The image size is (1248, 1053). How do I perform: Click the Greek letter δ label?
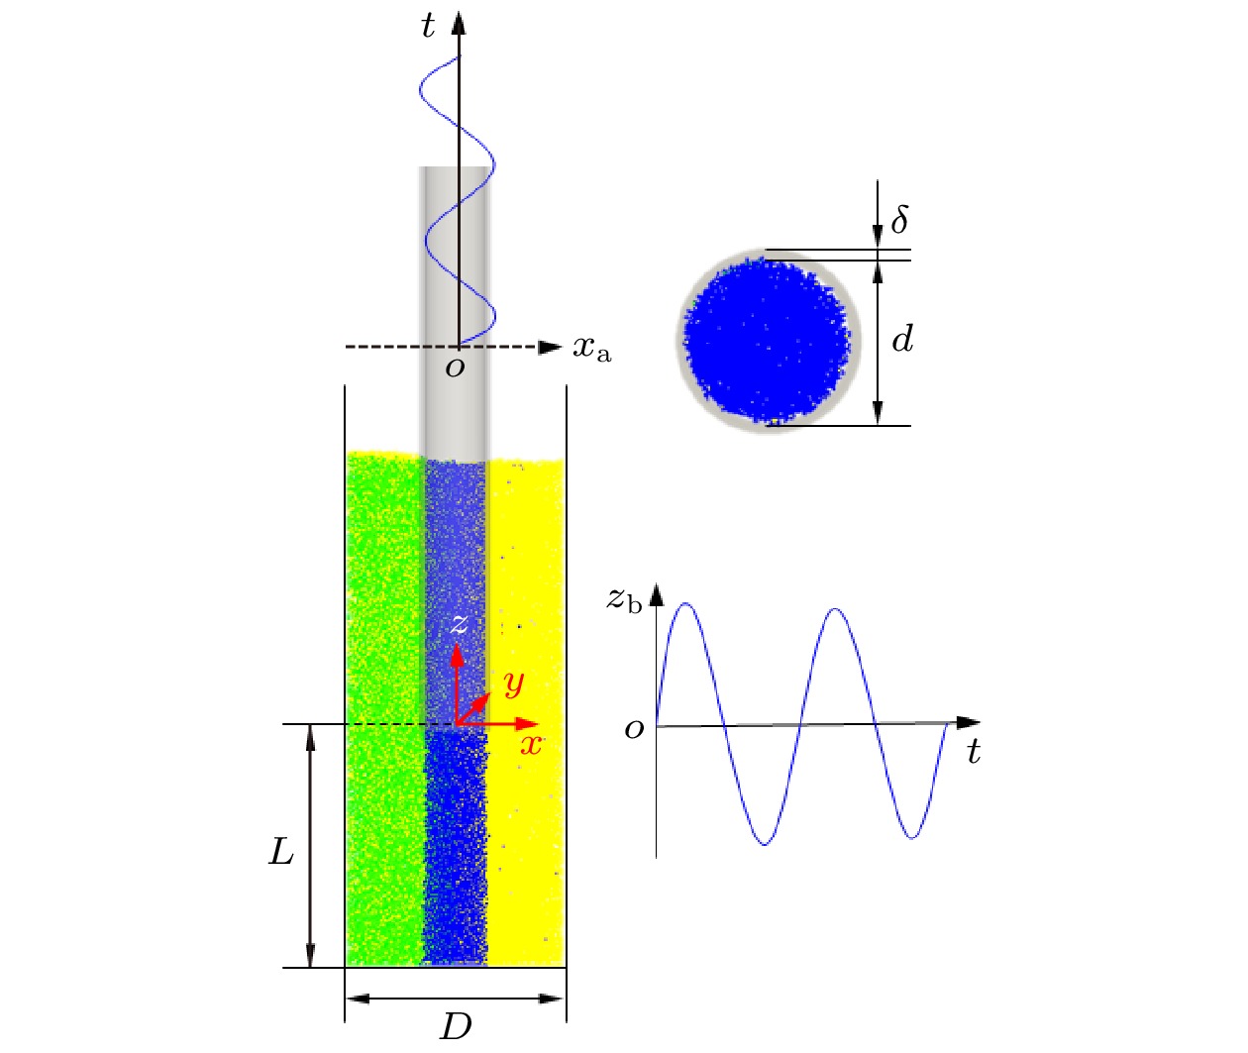(x=899, y=219)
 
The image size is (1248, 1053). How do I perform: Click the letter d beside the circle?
(x=902, y=339)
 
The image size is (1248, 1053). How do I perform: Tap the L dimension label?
(x=281, y=851)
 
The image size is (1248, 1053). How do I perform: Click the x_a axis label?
(x=592, y=349)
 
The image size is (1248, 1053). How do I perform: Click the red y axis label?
(x=514, y=683)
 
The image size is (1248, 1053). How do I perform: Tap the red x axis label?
(x=531, y=745)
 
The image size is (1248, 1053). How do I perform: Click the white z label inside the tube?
(x=459, y=624)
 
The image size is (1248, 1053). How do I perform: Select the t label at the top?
(x=427, y=26)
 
